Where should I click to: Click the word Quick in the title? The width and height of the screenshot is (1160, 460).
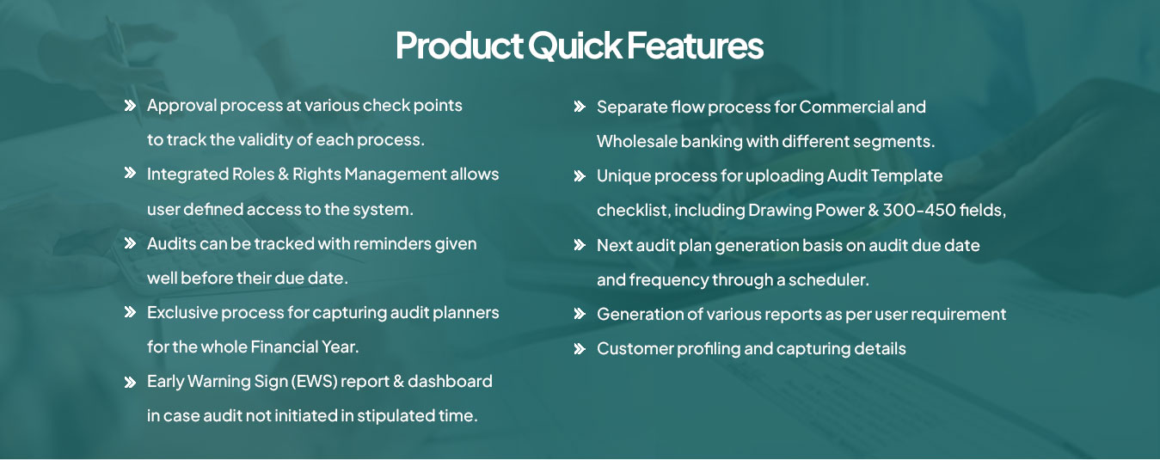[x=574, y=46]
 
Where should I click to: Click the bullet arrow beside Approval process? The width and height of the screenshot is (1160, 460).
[x=130, y=106]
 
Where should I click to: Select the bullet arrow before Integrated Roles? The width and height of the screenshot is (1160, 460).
[x=130, y=173]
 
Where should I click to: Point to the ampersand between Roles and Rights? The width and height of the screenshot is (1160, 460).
[x=283, y=174]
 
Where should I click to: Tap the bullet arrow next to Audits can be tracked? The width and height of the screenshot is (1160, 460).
[x=130, y=243]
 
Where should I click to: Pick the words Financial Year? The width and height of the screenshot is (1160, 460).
[x=305, y=347]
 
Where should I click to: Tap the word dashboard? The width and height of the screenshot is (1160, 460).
[x=450, y=381]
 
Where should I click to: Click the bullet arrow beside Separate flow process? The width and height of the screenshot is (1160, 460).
[x=580, y=107]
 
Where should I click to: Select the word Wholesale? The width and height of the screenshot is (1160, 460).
[x=637, y=141]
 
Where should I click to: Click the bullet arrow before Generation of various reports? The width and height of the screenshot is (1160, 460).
[x=580, y=314]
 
